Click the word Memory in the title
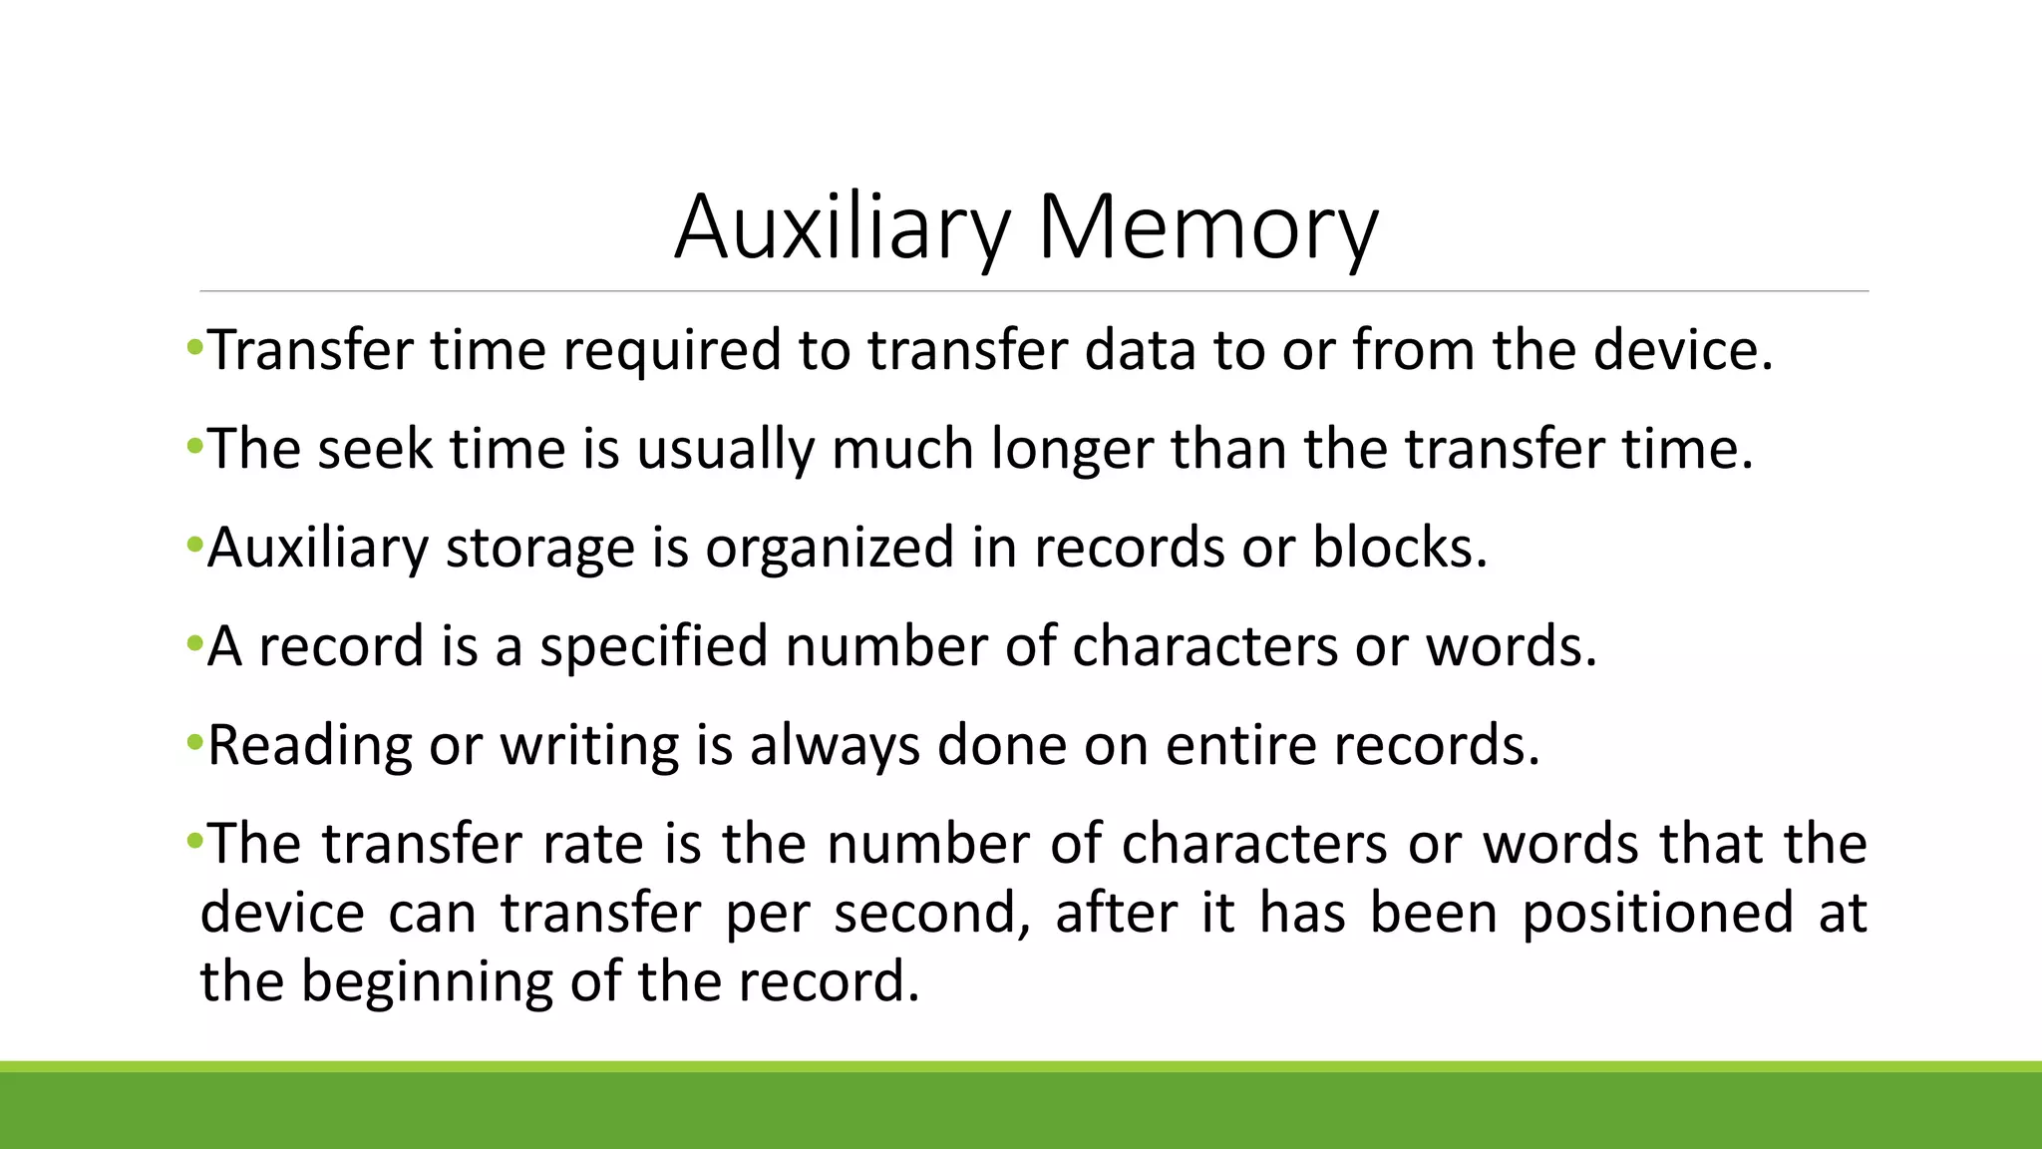pyautogui.click(x=1207, y=227)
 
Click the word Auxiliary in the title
pyautogui.click(x=842, y=227)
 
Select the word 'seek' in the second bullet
pyautogui.click(x=375, y=449)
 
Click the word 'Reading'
pyautogui.click(x=309, y=746)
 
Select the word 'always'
pyautogui.click(x=835, y=746)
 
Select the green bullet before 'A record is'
pyautogui.click(x=194, y=643)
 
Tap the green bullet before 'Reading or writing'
pyautogui.click(x=194, y=742)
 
